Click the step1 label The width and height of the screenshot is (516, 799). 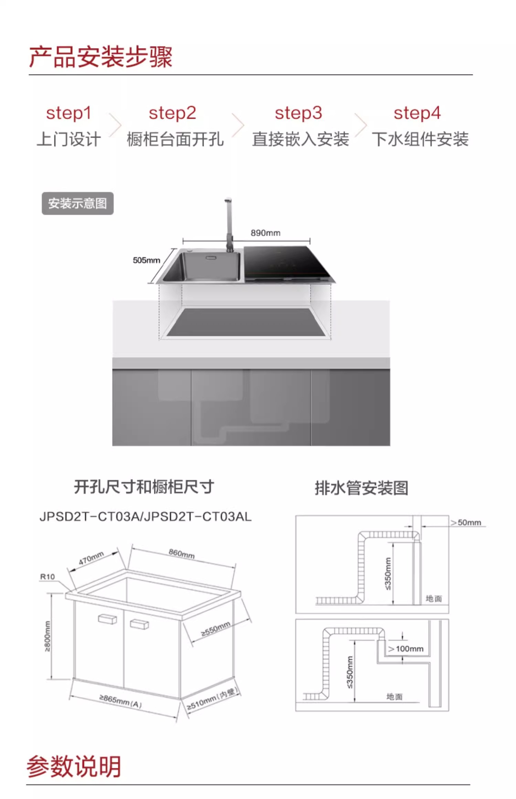[68, 113]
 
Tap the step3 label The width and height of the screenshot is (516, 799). [298, 113]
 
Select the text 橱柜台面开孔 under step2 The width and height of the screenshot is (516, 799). [175, 139]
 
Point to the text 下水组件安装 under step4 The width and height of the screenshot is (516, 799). [420, 139]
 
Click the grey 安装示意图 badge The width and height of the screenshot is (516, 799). [77, 203]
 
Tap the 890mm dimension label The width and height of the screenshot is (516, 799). [265, 233]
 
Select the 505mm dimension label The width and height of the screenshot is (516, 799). [146, 260]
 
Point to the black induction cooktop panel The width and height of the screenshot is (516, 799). [286, 263]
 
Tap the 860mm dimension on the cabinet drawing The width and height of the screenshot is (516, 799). [182, 554]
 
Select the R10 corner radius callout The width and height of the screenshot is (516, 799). [47, 577]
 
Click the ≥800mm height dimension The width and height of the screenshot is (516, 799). [47, 636]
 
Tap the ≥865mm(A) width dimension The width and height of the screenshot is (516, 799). [120, 701]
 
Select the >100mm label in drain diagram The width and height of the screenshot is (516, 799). [406, 649]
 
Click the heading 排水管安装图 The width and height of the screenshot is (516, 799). [361, 488]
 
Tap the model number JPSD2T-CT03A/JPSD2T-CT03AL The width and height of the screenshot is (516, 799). [146, 517]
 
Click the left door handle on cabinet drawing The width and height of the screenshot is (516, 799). [107, 619]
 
